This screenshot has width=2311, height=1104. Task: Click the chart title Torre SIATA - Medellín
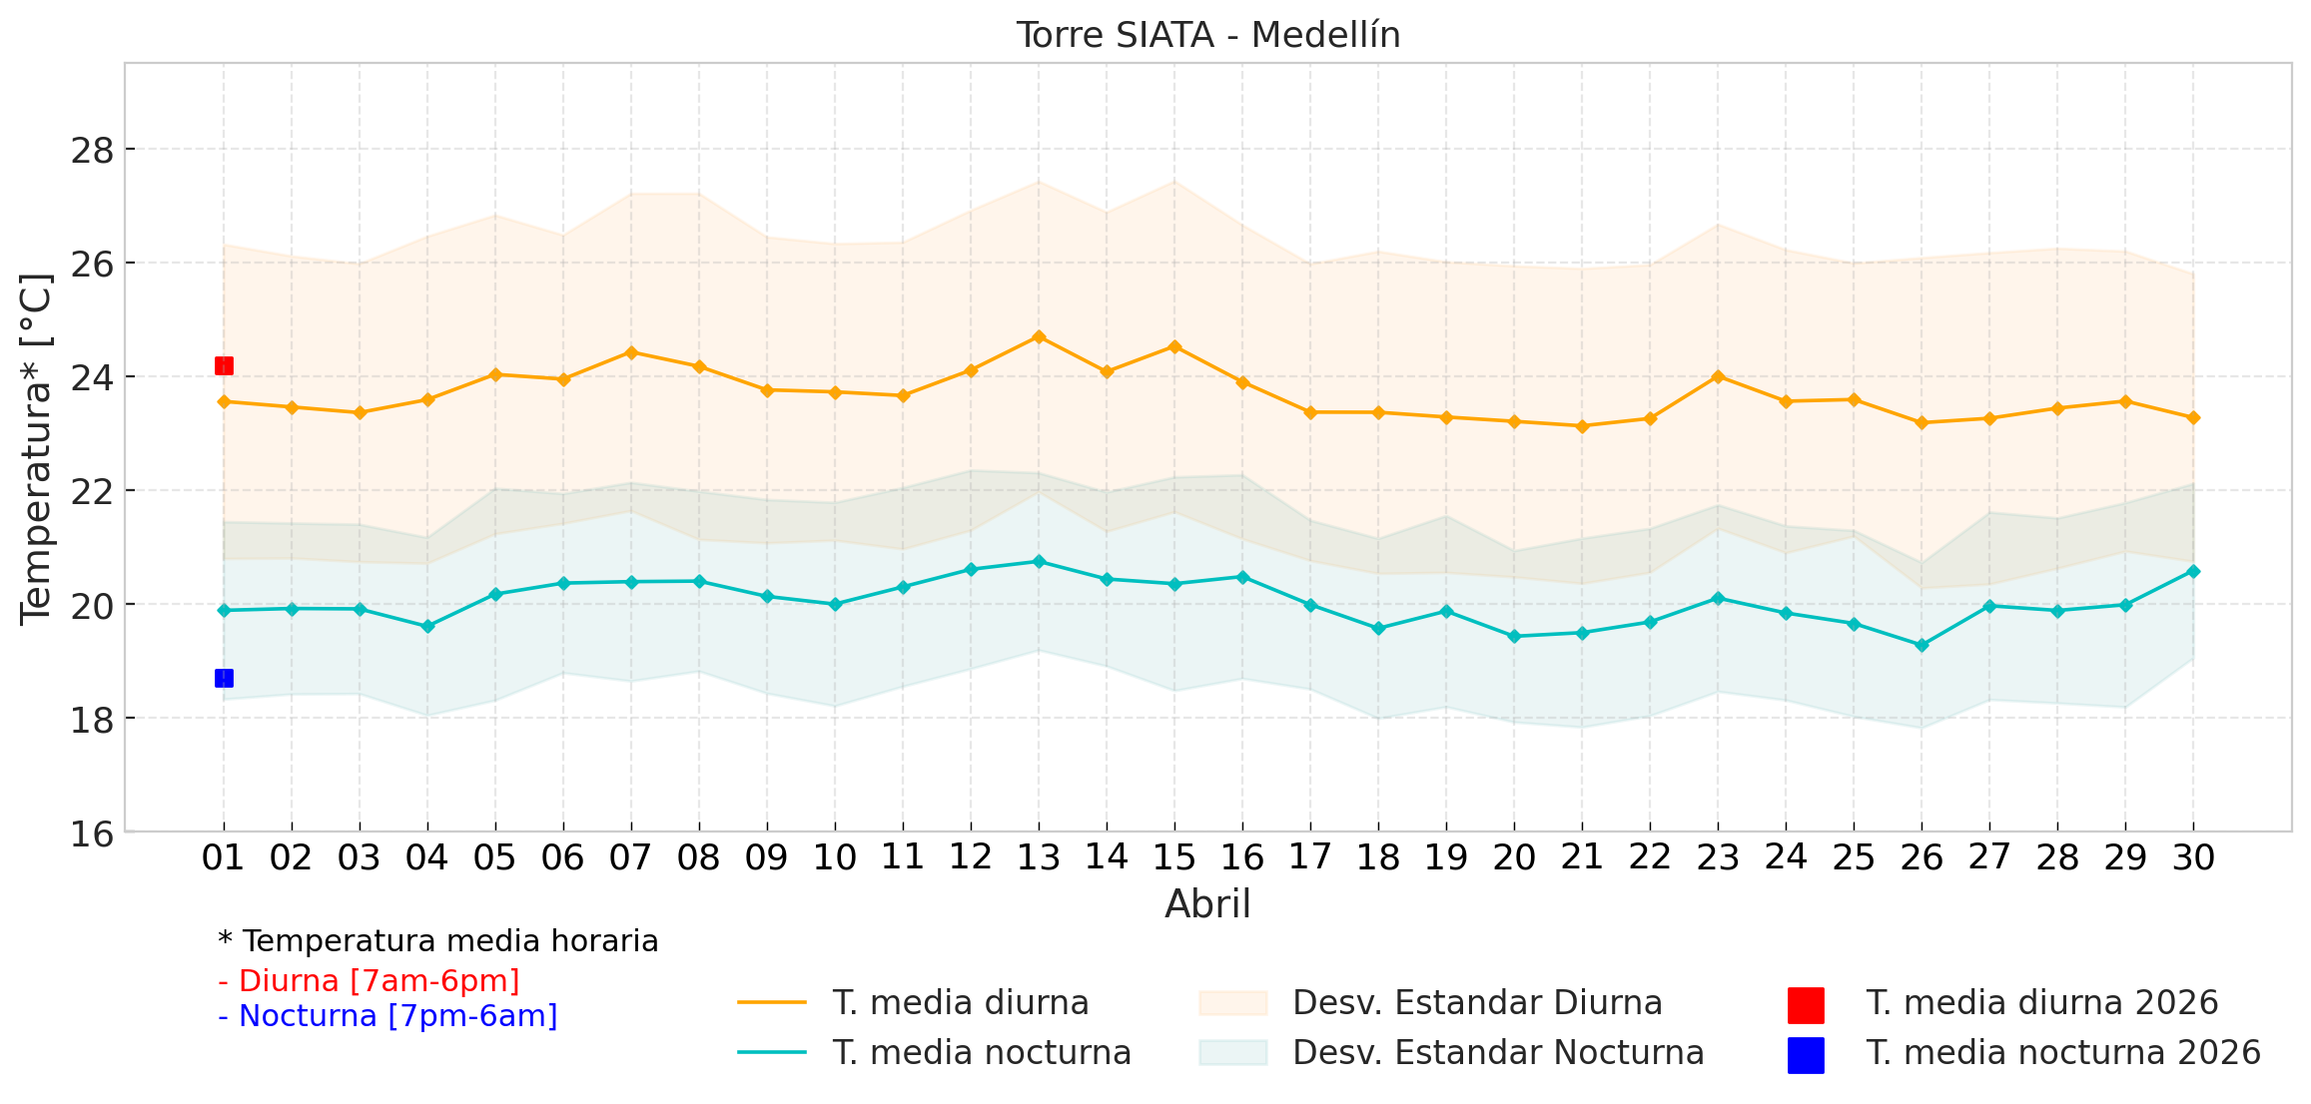point(1207,35)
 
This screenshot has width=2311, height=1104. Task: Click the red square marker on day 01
point(224,366)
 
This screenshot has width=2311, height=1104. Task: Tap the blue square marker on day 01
point(224,679)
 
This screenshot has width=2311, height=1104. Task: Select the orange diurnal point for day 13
point(1039,337)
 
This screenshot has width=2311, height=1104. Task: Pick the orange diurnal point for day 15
point(1174,347)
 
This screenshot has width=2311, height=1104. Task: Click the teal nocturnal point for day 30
point(2193,571)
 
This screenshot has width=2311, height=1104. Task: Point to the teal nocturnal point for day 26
point(1922,646)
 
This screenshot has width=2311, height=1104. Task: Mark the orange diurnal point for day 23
point(1718,376)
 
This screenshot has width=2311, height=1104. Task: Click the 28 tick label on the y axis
point(92,151)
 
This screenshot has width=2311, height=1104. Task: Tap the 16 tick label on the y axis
point(92,833)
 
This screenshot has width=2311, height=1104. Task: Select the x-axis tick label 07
point(630,857)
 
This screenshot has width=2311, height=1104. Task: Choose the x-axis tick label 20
point(1514,857)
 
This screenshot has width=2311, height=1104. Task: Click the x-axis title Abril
point(1207,904)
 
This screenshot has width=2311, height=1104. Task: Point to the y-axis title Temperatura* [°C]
point(36,449)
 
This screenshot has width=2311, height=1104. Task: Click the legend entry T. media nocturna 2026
point(2062,1053)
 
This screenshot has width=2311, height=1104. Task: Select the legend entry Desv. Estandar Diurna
point(1476,1003)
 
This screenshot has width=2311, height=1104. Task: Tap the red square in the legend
point(1806,1005)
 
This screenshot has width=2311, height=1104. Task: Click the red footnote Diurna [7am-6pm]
point(369,981)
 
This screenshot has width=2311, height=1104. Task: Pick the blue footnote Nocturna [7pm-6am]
point(387,1016)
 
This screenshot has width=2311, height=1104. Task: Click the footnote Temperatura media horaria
point(438,941)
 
